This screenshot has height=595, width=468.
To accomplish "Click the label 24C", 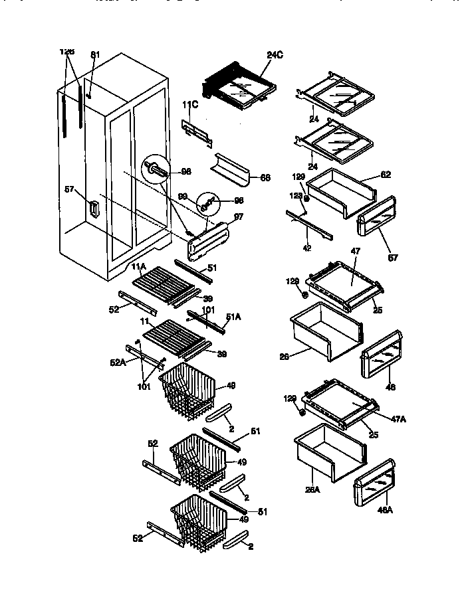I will point(275,56).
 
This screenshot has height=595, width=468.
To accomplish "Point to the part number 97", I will point(238,218).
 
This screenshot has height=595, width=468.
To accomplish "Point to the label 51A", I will point(234,317).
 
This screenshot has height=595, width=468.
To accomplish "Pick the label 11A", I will point(138,267).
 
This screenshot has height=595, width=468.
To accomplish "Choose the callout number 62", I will point(386,175).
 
